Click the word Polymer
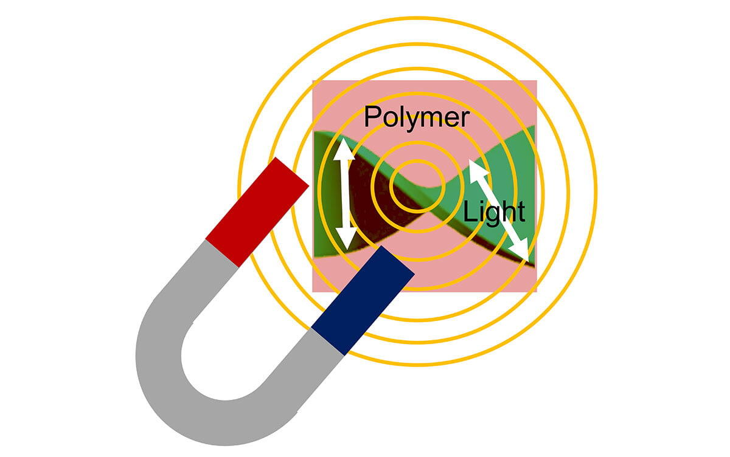click(417, 117)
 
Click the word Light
click(494, 212)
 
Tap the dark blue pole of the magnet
click(363, 300)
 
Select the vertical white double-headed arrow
click(345, 194)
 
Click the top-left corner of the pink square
click(313, 81)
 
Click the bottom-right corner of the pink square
click(536, 291)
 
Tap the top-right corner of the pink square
click(536, 81)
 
